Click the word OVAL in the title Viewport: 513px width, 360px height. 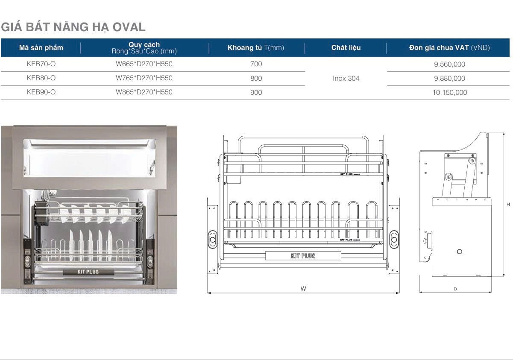[x=129, y=27]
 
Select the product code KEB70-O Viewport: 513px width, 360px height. [x=41, y=64]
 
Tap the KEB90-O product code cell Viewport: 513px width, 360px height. [x=41, y=92]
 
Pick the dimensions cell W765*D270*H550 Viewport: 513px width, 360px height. [x=144, y=78]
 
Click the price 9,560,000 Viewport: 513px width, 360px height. [x=449, y=64]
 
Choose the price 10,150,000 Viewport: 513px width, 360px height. [x=449, y=93]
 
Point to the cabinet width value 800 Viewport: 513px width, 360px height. [x=256, y=78]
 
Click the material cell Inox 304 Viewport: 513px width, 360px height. [x=346, y=78]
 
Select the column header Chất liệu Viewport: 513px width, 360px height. [x=346, y=48]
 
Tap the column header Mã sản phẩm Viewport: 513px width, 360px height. [x=41, y=48]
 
